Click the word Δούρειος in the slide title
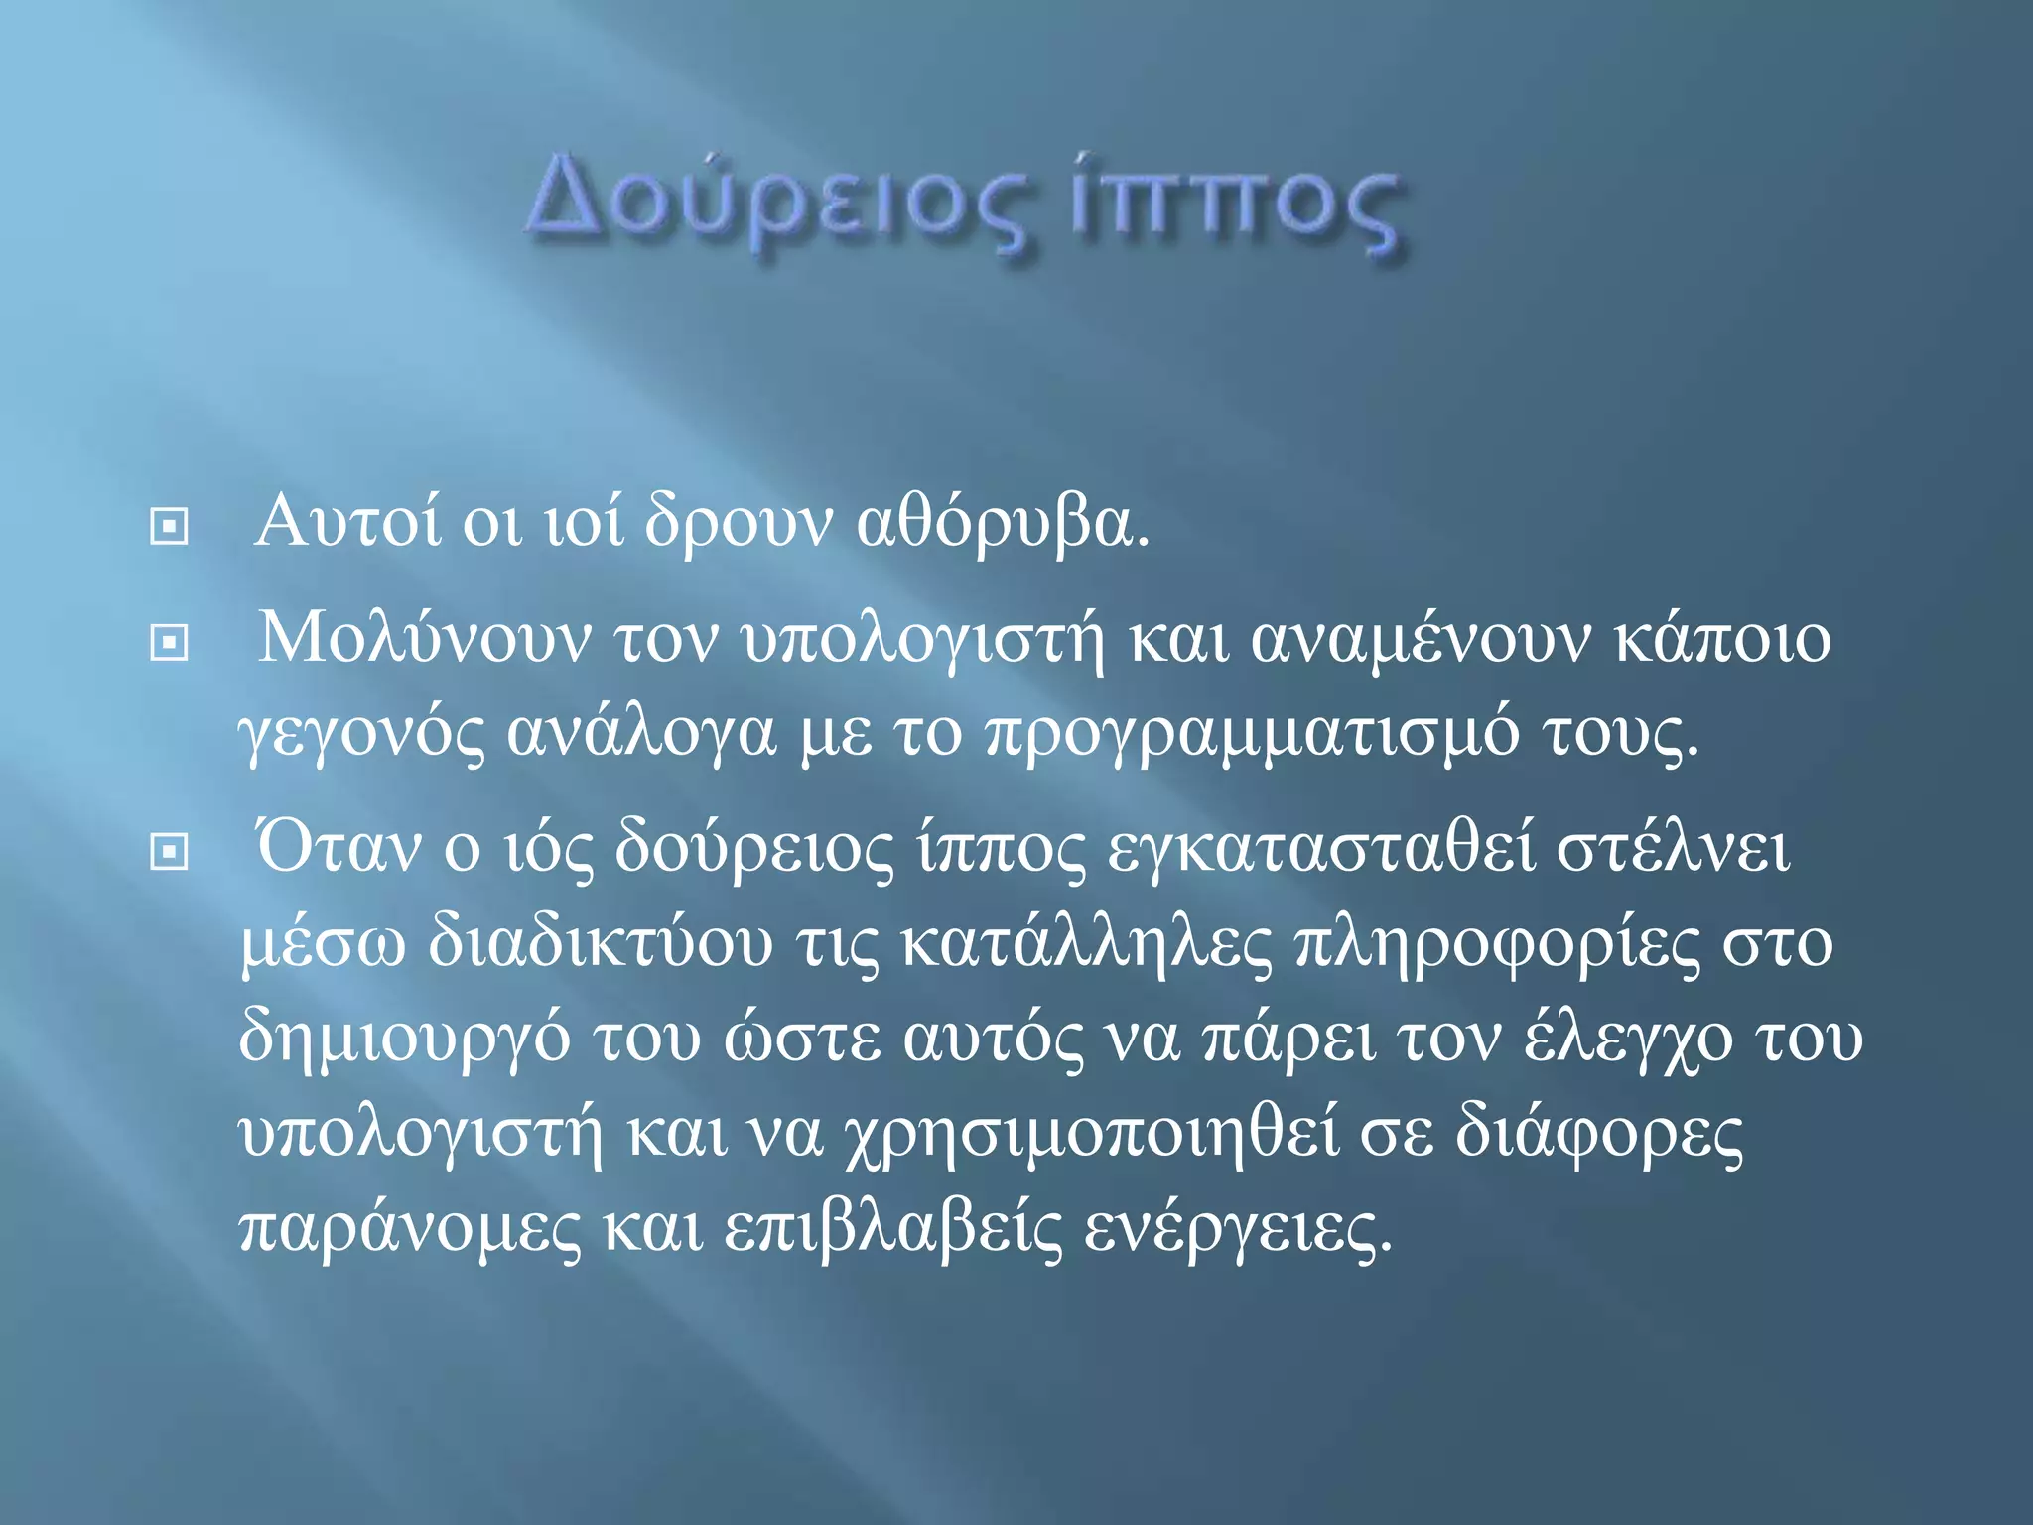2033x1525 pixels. [x=780, y=207]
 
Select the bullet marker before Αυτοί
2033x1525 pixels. [x=169, y=526]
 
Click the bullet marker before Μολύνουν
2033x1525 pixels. [x=169, y=643]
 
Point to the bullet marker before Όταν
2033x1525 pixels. [x=169, y=851]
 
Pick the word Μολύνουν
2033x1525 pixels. [x=425, y=638]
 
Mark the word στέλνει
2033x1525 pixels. [x=1673, y=849]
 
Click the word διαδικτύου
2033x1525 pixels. [x=601, y=943]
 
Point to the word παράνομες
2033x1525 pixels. [x=410, y=1229]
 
